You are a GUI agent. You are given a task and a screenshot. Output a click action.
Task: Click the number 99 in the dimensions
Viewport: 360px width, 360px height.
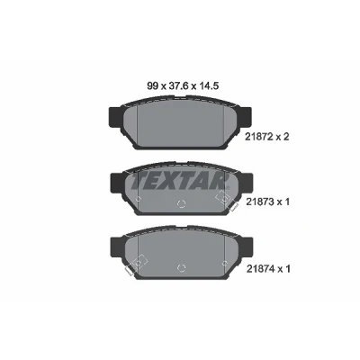pos(152,86)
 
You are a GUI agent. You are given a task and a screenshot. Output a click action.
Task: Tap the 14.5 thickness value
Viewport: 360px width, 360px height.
pos(208,86)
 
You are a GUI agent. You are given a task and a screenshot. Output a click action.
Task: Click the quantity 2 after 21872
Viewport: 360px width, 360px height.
pos(285,137)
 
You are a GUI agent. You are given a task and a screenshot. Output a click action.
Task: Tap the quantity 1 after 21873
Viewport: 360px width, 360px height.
pos(286,202)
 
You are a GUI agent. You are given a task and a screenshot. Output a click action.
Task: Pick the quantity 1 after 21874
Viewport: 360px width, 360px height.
pos(286,269)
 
